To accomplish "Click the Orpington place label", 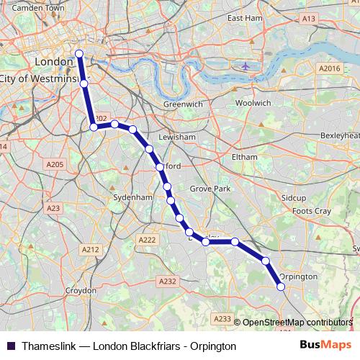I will click(x=297, y=276).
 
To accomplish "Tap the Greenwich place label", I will click(x=183, y=104).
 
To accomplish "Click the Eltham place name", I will click(x=245, y=156).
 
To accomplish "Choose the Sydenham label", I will click(x=133, y=197).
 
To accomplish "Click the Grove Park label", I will click(x=210, y=189).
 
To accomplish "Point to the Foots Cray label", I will click(x=312, y=211).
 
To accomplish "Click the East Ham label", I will click(x=244, y=17).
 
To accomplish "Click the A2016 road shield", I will click(x=329, y=68).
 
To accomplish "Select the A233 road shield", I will click(x=222, y=318).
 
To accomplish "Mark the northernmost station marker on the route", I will click(x=79, y=53).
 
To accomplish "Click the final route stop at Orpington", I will click(x=281, y=287).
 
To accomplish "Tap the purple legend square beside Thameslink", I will click(x=11, y=346).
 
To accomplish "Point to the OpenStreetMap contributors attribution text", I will click(x=297, y=323).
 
